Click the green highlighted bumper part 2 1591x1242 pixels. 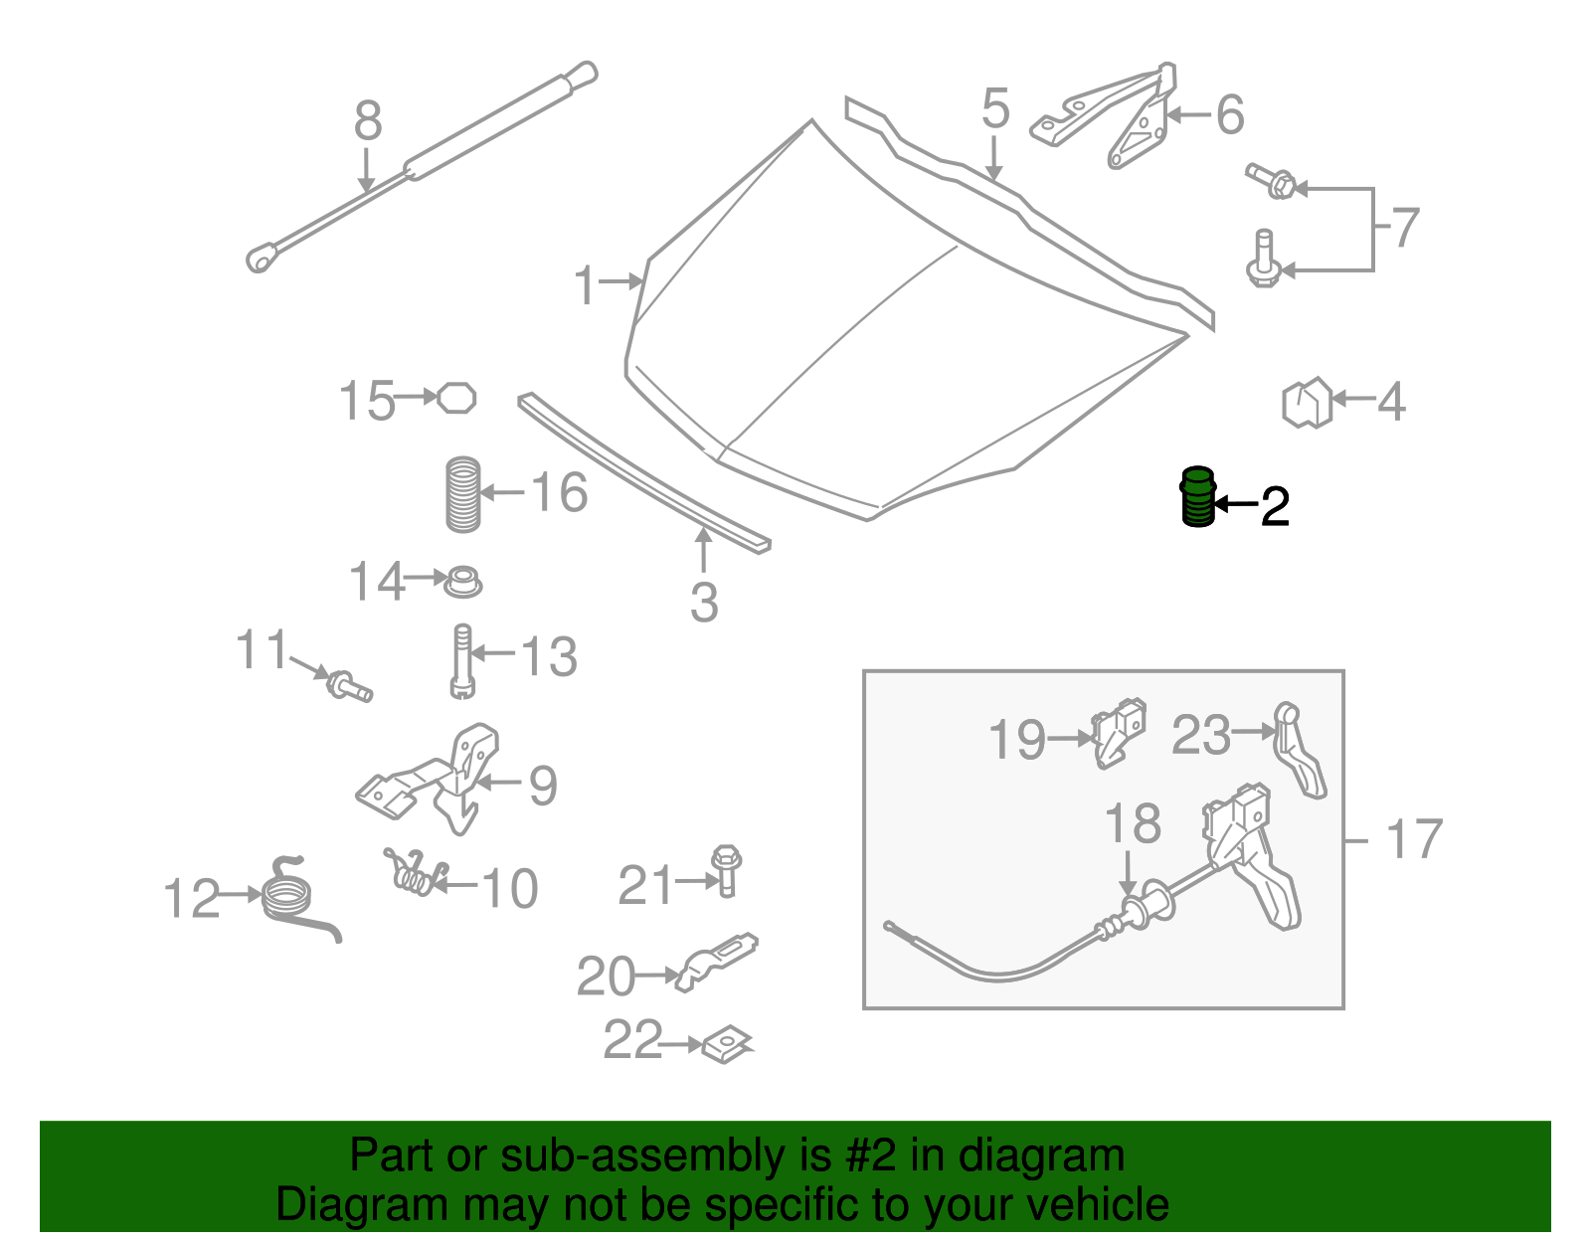point(1197,497)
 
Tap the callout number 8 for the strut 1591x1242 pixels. point(367,122)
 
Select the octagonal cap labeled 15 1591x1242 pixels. point(456,398)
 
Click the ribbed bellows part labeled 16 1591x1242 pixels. point(463,493)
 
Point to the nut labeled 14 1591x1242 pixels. point(462,581)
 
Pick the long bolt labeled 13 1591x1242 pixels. point(462,660)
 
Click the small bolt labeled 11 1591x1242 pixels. point(349,685)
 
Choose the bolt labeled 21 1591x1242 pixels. point(727,870)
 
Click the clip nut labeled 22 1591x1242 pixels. point(728,1045)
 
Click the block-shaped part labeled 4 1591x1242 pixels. point(1307,403)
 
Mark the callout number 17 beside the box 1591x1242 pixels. point(1413,839)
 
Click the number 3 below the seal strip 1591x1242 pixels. point(704,603)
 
